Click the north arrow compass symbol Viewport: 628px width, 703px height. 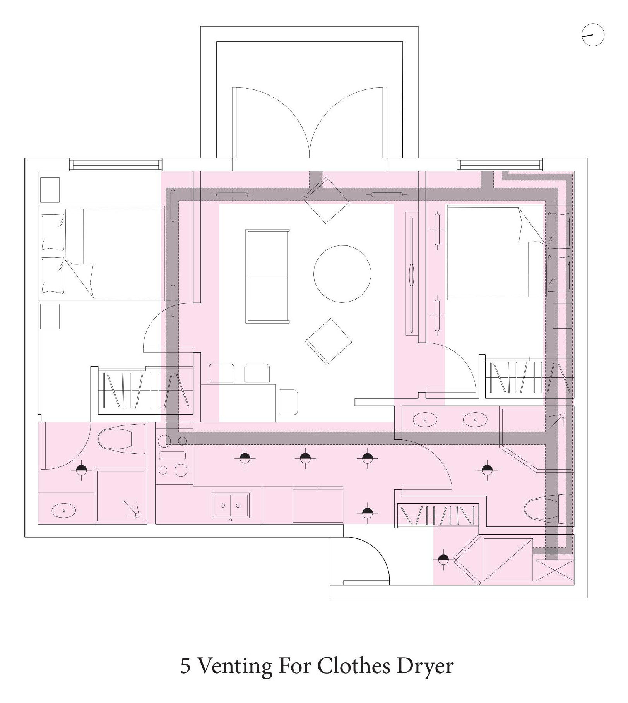pyautogui.click(x=593, y=35)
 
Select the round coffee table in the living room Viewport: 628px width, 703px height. pyautogui.click(x=342, y=274)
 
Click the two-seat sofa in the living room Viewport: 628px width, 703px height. pyautogui.click(x=267, y=276)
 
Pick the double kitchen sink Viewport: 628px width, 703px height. pyautogui.click(x=230, y=506)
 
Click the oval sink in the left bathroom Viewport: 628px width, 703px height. pyautogui.click(x=64, y=511)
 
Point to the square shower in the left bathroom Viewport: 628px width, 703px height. pyautogui.click(x=120, y=496)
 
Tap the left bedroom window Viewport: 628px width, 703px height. pyautogui.click(x=115, y=164)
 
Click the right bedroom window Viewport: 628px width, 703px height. pyautogui.click(x=500, y=164)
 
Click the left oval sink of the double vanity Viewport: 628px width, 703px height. pyautogui.click(x=425, y=420)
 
